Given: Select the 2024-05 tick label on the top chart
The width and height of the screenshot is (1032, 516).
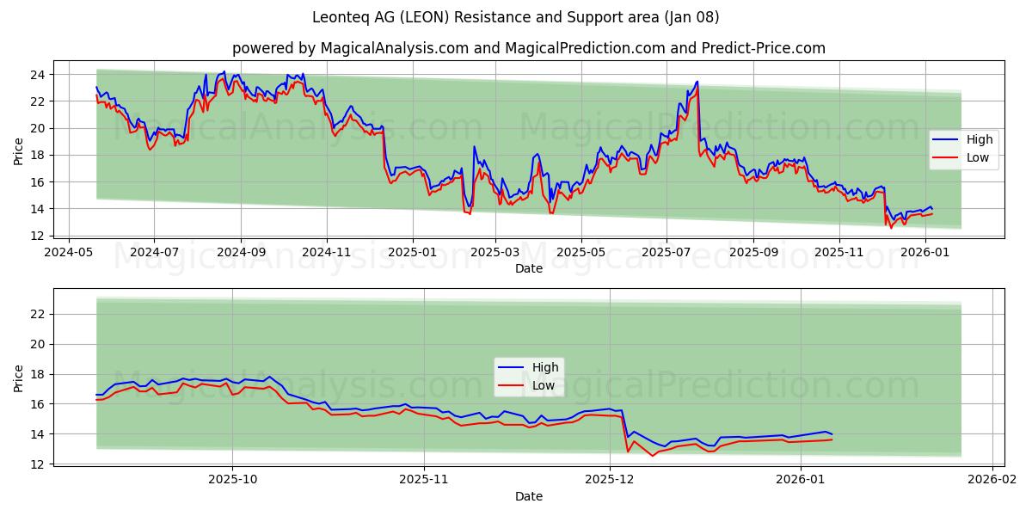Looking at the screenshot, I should pos(69,254).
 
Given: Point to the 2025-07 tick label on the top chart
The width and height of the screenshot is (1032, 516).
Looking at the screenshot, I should pos(666,254).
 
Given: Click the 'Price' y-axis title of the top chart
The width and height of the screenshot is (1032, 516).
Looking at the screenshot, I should pos(19,151).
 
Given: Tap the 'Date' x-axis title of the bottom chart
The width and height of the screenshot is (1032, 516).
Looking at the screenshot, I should pos(529,496).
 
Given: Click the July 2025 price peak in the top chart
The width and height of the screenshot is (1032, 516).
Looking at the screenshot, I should pos(697,82).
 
